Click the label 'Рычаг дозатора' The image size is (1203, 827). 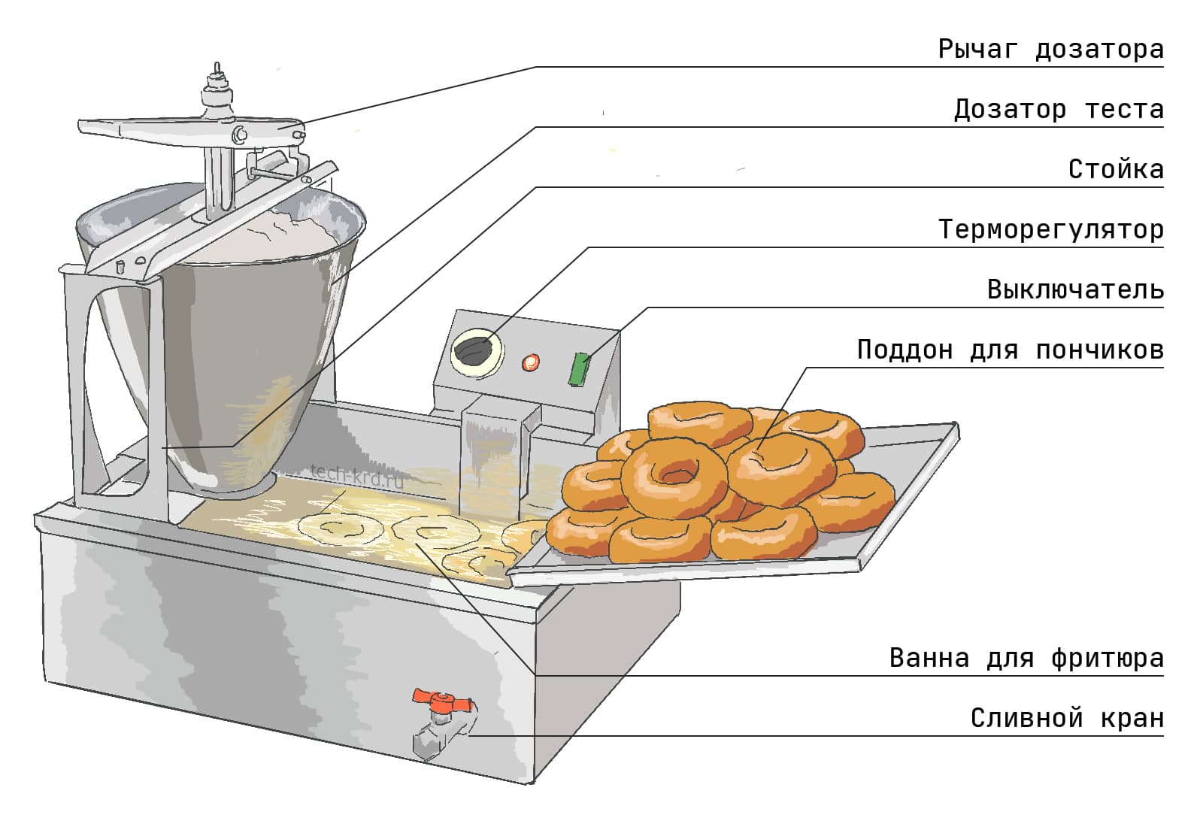(1050, 50)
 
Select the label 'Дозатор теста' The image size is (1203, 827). (1059, 110)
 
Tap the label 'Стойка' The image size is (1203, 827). (1116, 170)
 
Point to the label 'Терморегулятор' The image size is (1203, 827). (1050, 229)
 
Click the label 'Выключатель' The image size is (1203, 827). (1075, 290)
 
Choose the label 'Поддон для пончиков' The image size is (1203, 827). (1010, 350)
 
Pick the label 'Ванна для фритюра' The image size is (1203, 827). (1026, 659)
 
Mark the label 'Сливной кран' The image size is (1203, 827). (1067, 719)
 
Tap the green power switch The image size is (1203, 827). (579, 369)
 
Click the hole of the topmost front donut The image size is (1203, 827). (674, 475)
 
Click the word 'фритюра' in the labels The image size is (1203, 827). (1107, 659)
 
